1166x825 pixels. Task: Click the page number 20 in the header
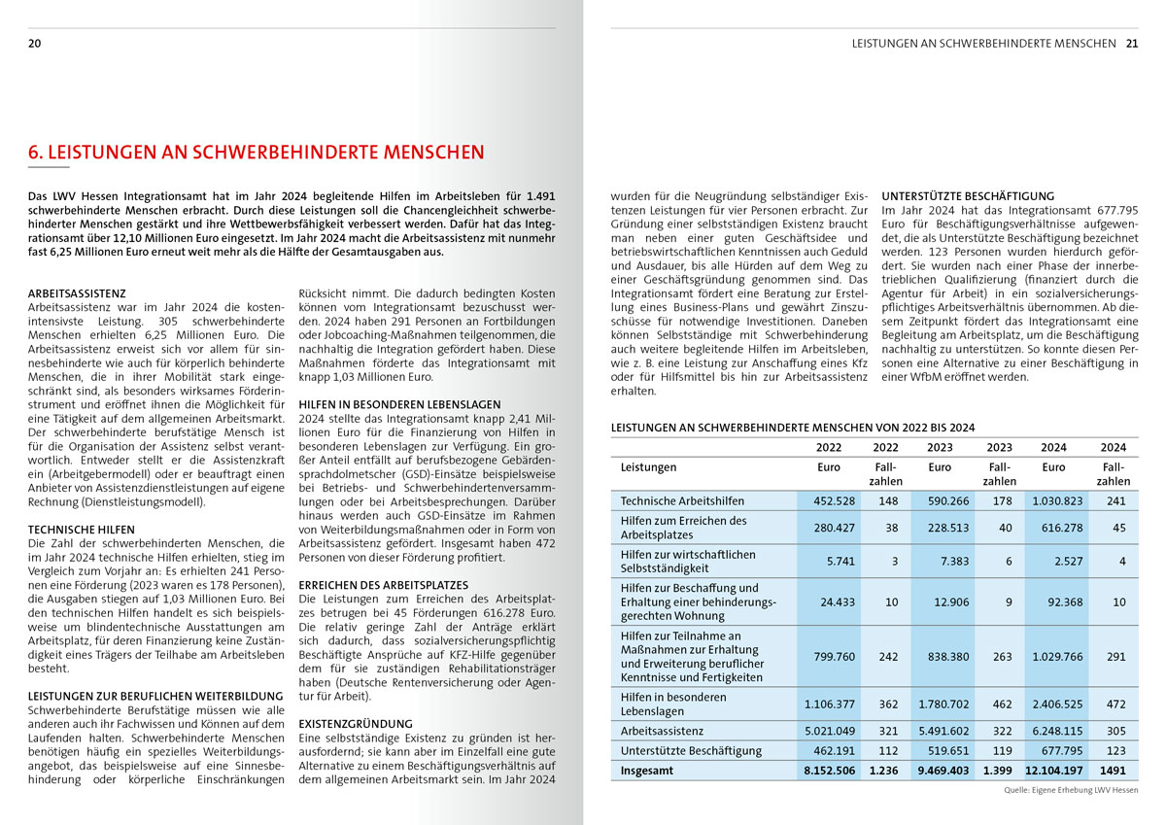click(x=34, y=44)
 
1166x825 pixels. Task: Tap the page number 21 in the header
click(x=1132, y=44)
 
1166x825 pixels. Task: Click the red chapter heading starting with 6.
click(x=256, y=153)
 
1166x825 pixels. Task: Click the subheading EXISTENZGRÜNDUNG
click(x=354, y=724)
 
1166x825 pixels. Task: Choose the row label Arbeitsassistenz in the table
click(x=662, y=730)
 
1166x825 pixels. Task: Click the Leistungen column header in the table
click(x=649, y=467)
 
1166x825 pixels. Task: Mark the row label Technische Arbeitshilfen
click(x=682, y=500)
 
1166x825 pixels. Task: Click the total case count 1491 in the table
click(x=1113, y=771)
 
